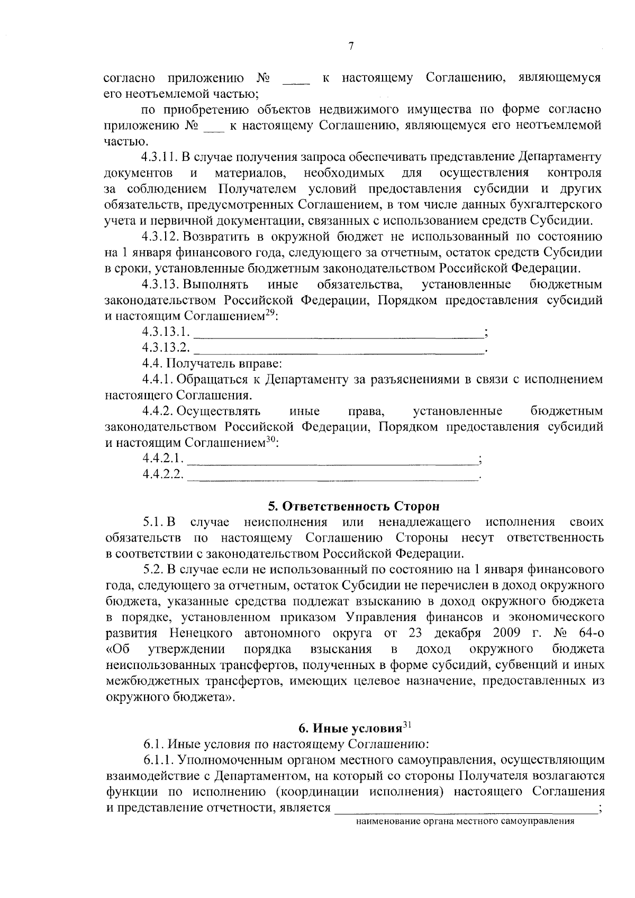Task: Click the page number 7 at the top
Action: click(x=351, y=46)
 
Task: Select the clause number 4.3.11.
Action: click(x=160, y=157)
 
